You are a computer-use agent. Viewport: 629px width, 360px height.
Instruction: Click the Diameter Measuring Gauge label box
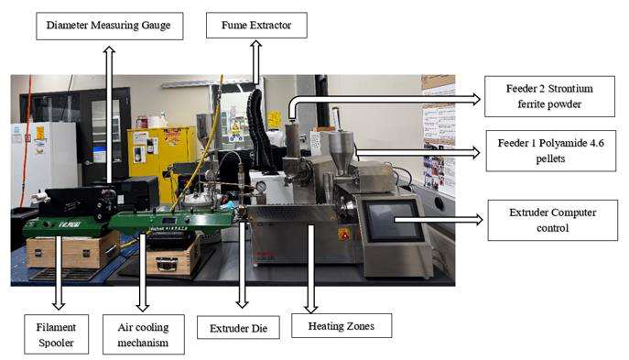pyautogui.click(x=110, y=26)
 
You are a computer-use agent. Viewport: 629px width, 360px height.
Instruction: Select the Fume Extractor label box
pyautogui.click(x=256, y=26)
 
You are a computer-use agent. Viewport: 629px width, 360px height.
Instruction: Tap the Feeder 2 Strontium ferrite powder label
pyautogui.click(x=549, y=96)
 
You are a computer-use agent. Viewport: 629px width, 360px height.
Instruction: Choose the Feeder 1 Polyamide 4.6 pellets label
pyautogui.click(x=551, y=151)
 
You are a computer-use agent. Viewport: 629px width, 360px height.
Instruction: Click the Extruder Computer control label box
pyautogui.click(x=553, y=221)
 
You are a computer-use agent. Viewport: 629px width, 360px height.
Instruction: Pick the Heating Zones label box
pyautogui.click(x=342, y=326)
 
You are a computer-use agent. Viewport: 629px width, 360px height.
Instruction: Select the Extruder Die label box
pyautogui.click(x=238, y=328)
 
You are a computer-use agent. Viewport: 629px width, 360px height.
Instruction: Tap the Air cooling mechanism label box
pyautogui.click(x=143, y=334)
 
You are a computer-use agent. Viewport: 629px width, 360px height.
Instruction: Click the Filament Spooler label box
pyautogui.click(x=56, y=334)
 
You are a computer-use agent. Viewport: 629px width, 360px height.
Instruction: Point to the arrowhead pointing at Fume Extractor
pyautogui.click(x=256, y=44)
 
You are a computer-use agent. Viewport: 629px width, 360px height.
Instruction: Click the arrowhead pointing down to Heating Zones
pyautogui.click(x=311, y=309)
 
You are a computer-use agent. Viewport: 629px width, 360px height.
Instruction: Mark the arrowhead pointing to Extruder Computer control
pyautogui.click(x=479, y=220)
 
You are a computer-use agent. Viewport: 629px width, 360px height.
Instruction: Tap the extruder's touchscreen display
pyautogui.click(x=392, y=221)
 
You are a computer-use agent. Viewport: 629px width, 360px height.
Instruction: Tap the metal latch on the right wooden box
pyautogui.click(x=167, y=265)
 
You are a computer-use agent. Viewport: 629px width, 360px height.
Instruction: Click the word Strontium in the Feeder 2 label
pyautogui.click(x=570, y=88)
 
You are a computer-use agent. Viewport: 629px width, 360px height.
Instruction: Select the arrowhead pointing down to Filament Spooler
pyautogui.click(x=59, y=305)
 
